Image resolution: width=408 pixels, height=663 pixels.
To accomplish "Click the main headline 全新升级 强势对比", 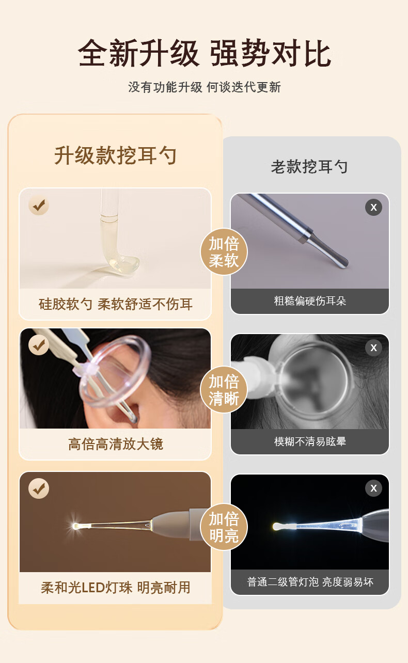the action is [205, 53].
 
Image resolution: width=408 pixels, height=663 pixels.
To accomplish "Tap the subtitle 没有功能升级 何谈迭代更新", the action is [205, 87].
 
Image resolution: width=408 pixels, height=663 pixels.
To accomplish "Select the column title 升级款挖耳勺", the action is [115, 155].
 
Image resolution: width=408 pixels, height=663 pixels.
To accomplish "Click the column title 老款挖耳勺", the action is [309, 167].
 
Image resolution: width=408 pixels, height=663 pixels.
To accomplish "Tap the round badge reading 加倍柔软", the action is [224, 252].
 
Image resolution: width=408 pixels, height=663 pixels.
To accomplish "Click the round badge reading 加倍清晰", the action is [224, 389].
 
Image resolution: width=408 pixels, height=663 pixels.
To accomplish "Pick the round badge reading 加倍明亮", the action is [224, 527].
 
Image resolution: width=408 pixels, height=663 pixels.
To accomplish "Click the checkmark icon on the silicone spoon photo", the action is [39, 205].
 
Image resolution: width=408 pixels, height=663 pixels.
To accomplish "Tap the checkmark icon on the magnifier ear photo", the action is [39, 345].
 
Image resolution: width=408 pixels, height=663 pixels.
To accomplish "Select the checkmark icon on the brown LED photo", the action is [39, 488].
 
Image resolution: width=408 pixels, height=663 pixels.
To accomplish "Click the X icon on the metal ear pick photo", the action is [373, 207].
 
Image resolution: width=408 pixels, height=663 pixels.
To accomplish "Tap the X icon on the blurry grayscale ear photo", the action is [373, 348].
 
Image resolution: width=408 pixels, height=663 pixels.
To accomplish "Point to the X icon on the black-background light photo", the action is [373, 488].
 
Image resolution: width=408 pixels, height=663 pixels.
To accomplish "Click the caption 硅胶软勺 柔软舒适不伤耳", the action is [116, 304].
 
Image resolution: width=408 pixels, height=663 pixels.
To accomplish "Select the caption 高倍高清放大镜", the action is [116, 444].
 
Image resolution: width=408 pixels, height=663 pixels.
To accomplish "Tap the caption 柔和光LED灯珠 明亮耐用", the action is [116, 588].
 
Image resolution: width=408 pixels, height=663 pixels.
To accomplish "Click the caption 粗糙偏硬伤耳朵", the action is [310, 301].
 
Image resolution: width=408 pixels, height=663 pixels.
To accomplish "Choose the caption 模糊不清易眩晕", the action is [310, 441].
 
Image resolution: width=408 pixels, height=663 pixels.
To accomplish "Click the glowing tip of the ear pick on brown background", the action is [76, 526].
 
